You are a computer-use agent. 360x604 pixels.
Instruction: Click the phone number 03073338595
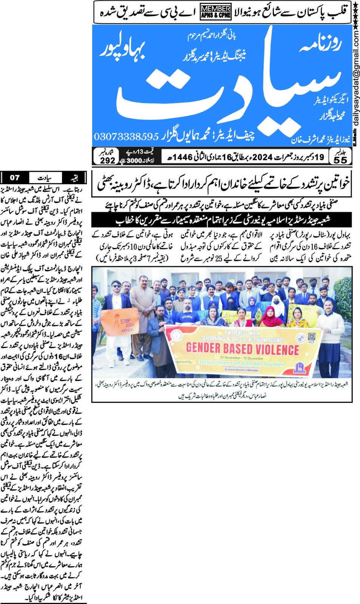click(126, 136)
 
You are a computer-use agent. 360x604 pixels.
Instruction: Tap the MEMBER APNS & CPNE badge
click(216, 12)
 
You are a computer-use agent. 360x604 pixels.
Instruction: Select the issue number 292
click(107, 160)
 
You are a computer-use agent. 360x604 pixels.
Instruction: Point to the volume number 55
click(340, 160)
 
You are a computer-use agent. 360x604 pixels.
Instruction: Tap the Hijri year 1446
click(182, 157)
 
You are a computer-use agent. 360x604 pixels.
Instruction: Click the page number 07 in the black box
click(15, 177)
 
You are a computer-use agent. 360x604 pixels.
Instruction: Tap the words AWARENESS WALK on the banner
click(242, 333)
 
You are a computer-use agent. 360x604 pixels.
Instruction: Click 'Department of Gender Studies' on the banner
click(242, 364)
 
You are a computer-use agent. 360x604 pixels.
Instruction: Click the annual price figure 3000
click(134, 160)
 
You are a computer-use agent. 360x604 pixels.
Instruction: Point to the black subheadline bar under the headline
click(222, 220)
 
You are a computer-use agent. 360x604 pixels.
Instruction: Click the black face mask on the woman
click(276, 302)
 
